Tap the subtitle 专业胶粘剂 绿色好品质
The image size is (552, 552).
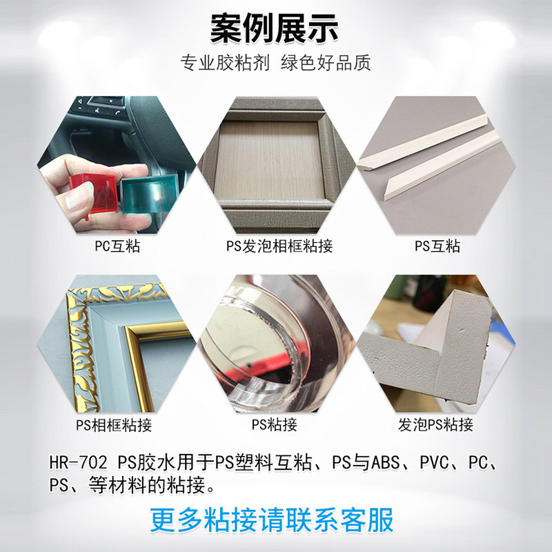click(276, 63)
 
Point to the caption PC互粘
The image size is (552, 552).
click(117, 245)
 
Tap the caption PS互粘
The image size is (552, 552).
click(437, 246)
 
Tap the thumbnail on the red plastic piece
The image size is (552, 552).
click(76, 201)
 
